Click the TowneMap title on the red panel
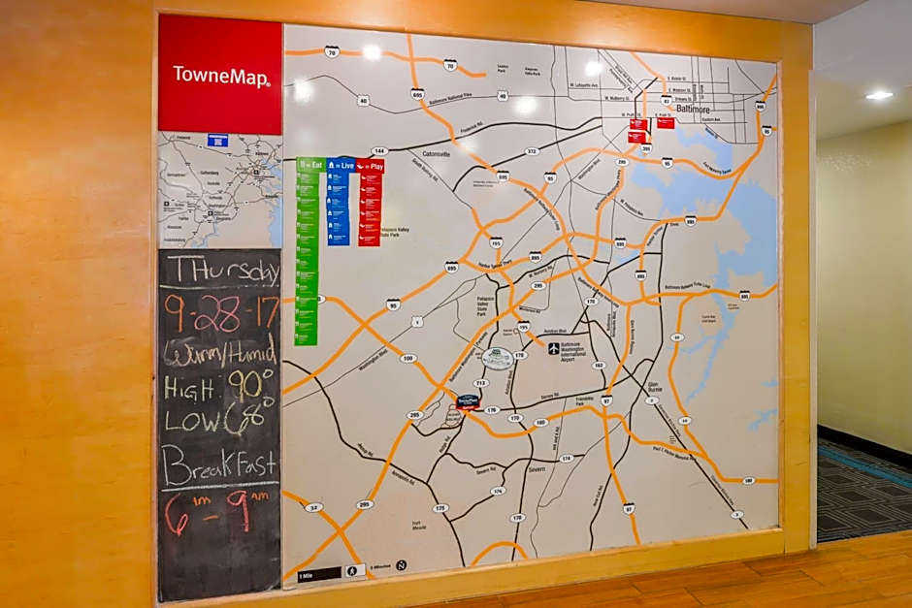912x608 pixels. pyautogui.click(x=220, y=76)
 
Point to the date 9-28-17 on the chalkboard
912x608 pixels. pyautogui.click(x=221, y=312)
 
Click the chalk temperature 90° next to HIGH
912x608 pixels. pyautogui.click(x=250, y=386)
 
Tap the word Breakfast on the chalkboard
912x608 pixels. pyautogui.click(x=220, y=465)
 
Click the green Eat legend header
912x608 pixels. pyautogui.click(x=310, y=166)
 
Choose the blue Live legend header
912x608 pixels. pyautogui.click(x=340, y=166)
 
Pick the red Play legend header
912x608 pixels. pyautogui.click(x=370, y=166)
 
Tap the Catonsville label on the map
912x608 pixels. pyautogui.click(x=436, y=153)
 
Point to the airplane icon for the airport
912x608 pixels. pyautogui.click(x=554, y=348)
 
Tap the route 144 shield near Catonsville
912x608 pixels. pyautogui.click(x=379, y=151)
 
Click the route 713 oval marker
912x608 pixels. pyautogui.click(x=479, y=383)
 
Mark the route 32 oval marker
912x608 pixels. pyautogui.click(x=312, y=506)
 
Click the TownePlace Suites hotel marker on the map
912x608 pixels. pyautogui.click(x=469, y=400)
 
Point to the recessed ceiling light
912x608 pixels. pyautogui.click(x=879, y=95)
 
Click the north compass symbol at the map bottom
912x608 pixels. pyautogui.click(x=401, y=564)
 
